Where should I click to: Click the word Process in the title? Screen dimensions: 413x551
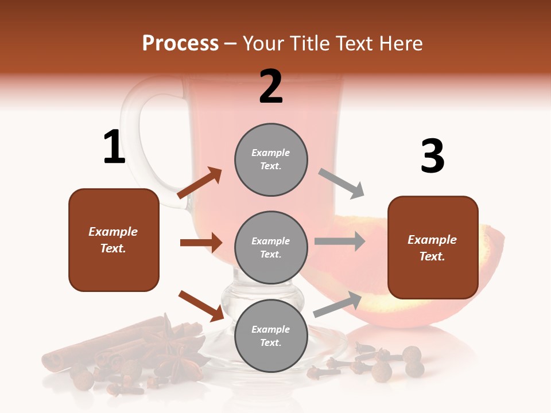tap(180, 44)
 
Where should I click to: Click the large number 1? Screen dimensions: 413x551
tap(114, 147)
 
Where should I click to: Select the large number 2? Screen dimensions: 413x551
tap(271, 87)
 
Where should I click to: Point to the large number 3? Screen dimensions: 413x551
tap(432, 156)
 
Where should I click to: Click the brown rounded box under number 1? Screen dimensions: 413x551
tap(114, 240)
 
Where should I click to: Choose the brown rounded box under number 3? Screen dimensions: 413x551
tap(433, 247)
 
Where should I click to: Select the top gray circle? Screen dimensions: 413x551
tap(271, 159)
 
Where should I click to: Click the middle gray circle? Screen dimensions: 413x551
tap(271, 247)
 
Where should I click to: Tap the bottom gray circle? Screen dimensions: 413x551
tap(271, 336)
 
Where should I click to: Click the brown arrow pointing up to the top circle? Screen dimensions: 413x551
tap(200, 183)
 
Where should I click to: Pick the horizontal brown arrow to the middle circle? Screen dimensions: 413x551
tap(201, 243)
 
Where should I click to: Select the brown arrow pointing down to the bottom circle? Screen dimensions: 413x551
tap(201, 306)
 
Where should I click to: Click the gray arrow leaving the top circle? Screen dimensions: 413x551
tap(342, 184)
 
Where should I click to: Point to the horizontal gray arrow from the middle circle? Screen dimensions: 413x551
tap(339, 241)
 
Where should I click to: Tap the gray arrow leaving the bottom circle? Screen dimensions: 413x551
tap(337, 305)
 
